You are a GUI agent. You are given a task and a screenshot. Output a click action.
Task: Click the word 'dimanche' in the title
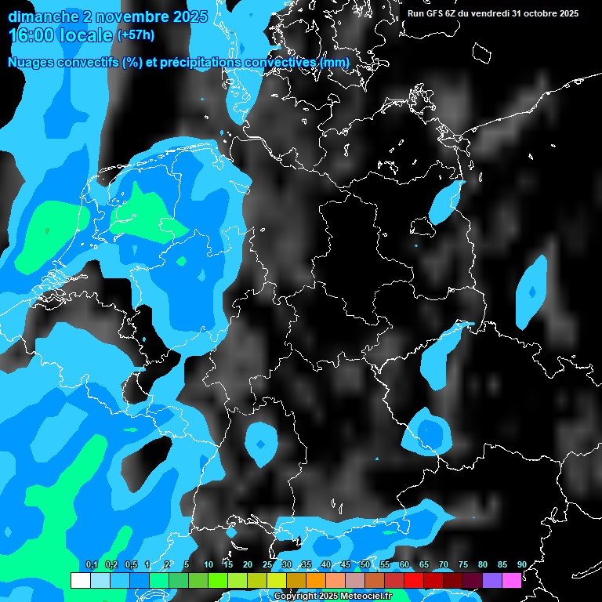coord(38,16)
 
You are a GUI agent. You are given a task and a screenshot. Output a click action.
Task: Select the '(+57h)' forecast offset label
coord(136,35)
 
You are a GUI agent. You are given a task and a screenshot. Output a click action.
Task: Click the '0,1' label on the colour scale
coord(92,565)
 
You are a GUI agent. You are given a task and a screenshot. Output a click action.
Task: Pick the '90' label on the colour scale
coord(522,565)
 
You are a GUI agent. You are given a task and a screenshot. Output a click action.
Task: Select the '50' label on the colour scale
coord(365,565)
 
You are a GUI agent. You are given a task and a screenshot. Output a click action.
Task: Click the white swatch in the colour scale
coord(80,580)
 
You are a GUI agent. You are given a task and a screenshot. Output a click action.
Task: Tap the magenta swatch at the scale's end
coord(512,580)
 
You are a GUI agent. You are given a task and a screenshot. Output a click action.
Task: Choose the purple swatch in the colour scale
coord(492,580)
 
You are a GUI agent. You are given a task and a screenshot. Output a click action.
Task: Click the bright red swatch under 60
coord(414,580)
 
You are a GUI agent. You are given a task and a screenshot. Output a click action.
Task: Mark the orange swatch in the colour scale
coord(316,580)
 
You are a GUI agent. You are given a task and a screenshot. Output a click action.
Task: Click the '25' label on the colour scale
coord(267,565)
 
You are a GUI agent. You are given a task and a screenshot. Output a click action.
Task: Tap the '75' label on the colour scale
coord(463,565)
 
